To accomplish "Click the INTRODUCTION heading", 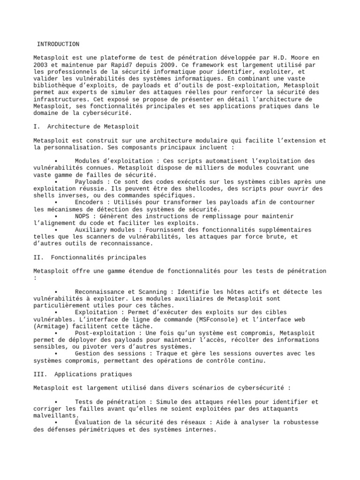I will (x=58, y=44).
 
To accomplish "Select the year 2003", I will (x=41, y=65).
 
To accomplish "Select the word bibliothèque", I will (x=54, y=86).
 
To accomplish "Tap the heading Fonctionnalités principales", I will (x=98, y=257).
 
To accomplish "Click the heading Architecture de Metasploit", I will (x=93, y=127).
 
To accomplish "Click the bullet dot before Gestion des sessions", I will (x=56, y=353).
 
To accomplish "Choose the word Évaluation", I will (x=93, y=422).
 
